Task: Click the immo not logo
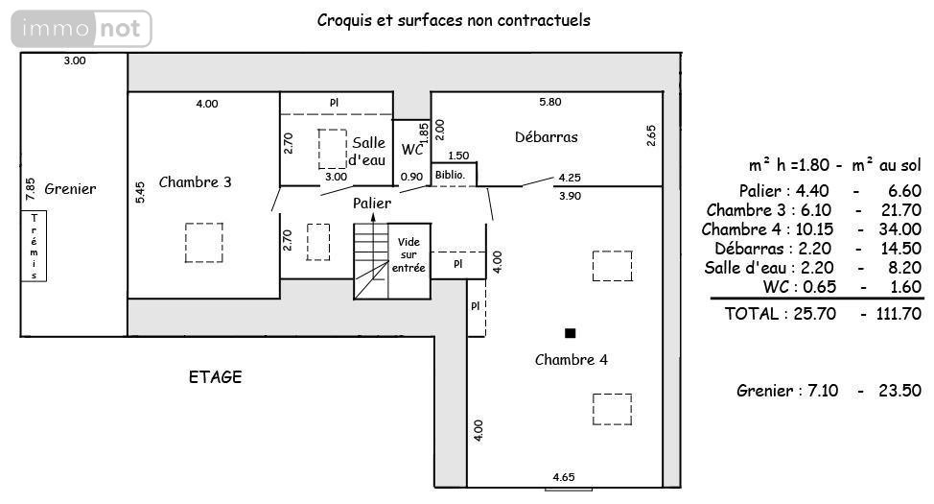(x=82, y=29)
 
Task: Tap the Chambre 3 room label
(x=195, y=181)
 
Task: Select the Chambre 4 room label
(x=572, y=360)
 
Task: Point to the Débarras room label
(x=547, y=137)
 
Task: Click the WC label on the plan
(x=412, y=149)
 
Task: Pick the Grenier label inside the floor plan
(x=70, y=189)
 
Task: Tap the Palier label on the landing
(x=372, y=204)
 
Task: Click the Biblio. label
(x=450, y=176)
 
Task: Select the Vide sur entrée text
(x=409, y=254)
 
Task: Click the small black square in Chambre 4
(x=570, y=333)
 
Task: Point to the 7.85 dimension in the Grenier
(x=31, y=188)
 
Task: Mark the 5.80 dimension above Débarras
(x=549, y=102)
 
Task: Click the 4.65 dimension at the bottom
(x=564, y=477)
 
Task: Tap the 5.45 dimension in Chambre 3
(x=140, y=192)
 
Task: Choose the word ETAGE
(x=215, y=377)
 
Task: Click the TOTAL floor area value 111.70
(x=899, y=314)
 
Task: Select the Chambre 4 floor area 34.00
(x=900, y=229)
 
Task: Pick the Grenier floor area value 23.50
(x=900, y=391)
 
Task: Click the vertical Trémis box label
(x=34, y=246)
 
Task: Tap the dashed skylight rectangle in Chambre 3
(x=203, y=243)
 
